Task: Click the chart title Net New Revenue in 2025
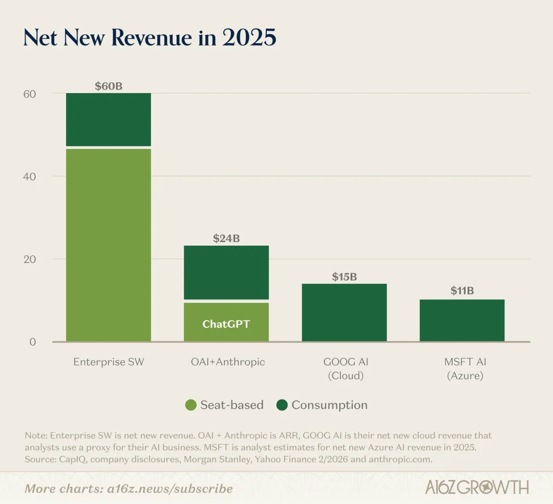coord(150,38)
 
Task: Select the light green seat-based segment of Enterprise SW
coord(109,245)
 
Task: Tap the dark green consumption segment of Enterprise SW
coord(109,120)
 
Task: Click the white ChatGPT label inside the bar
coord(226,324)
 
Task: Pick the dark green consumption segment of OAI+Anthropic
coord(226,272)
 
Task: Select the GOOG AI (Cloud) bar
coord(344,312)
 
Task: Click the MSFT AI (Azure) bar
coord(462,320)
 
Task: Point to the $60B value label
coord(109,86)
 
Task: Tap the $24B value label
coord(226,238)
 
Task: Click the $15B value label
coord(344,277)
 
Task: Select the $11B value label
coord(462,291)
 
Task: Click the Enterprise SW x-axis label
coord(109,362)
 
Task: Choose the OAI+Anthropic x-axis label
coord(226,362)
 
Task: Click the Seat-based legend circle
coord(191,405)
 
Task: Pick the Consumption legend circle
coord(282,405)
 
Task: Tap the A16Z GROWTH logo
coord(477,487)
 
